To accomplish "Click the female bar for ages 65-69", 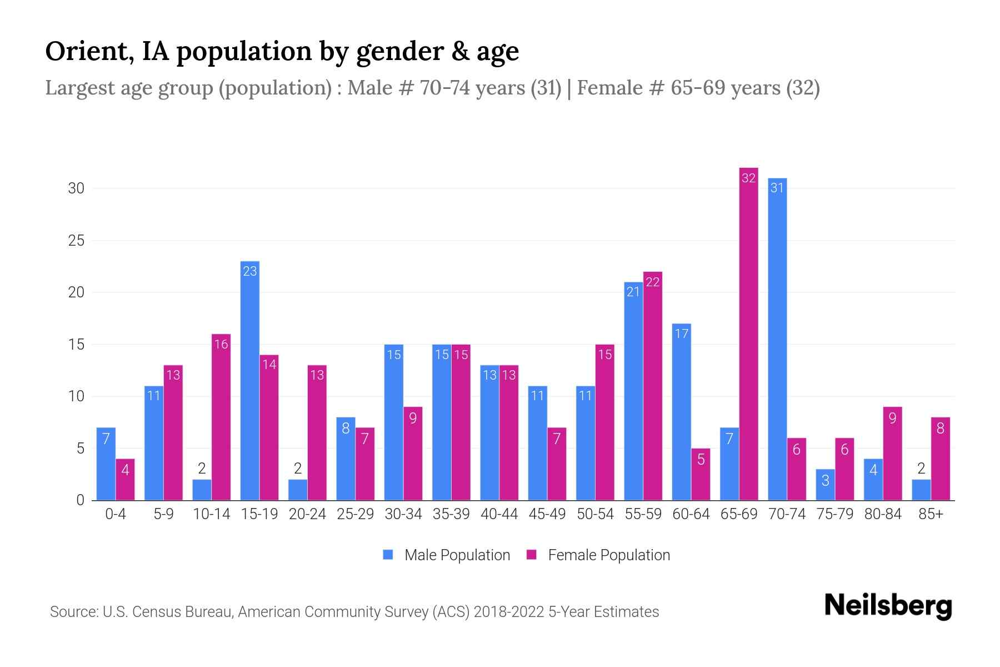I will pos(748,333).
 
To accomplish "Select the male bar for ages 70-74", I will pos(777,339).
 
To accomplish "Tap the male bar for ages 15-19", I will pos(249,381).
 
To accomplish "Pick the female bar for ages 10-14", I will pos(221,417).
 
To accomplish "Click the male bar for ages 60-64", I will pos(681,411).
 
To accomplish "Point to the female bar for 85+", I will pos(940,459).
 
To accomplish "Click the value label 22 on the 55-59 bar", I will pos(653,282).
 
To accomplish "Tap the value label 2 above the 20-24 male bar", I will pos(297,469).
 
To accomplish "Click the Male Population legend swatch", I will pos(388,555).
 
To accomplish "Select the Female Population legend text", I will pos(609,555).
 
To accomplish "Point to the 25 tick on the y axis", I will pos(76,241).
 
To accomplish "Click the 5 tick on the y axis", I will pos(81,449).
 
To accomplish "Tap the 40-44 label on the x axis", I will pos(499,514).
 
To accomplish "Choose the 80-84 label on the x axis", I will pos(883,514).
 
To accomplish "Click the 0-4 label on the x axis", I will pos(116,514).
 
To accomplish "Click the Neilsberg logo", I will pos(888,606).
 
